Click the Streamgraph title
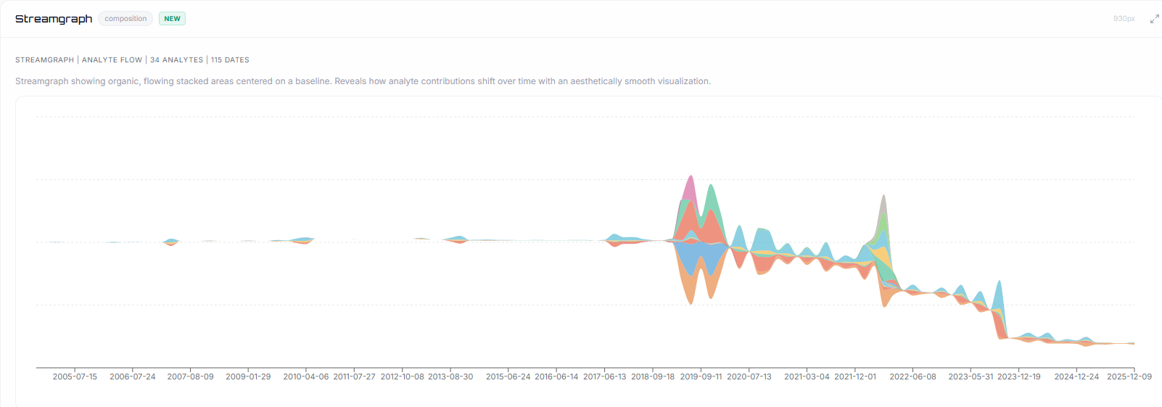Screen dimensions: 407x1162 point(54,19)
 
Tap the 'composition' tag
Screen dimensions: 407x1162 point(125,19)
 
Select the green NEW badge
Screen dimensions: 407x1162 point(172,19)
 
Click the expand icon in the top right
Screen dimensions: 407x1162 point(1154,19)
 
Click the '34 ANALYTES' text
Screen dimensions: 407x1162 point(176,60)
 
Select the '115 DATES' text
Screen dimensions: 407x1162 point(230,60)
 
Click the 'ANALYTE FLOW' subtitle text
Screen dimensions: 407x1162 point(112,60)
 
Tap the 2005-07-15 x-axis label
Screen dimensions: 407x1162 point(75,377)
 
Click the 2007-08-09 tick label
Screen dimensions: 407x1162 point(190,377)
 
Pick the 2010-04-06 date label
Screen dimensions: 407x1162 point(305,377)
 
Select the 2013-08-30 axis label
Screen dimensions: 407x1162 point(450,377)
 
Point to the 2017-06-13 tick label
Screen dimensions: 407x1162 point(604,377)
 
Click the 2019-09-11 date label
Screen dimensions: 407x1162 point(701,377)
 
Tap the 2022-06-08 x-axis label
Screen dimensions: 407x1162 point(912,377)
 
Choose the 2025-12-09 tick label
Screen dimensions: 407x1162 point(1129,377)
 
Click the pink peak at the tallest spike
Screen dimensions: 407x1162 point(690,189)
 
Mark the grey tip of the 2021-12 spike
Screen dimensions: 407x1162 point(883,207)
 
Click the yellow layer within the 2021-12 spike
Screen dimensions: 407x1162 point(881,256)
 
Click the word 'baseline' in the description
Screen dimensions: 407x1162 point(313,81)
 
